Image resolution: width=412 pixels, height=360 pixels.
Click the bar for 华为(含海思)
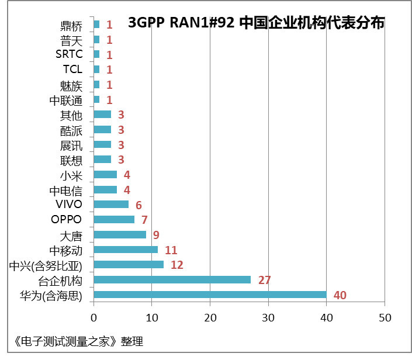pos(210,295)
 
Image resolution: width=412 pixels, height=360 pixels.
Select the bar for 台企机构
pos(172,279)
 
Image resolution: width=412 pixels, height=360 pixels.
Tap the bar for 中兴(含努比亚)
pos(129,265)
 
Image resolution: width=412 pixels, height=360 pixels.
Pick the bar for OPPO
pos(114,220)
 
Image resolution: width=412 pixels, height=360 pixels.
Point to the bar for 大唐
pos(120,234)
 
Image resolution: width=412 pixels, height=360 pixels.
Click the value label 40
pos(340,295)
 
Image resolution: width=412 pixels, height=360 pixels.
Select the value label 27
pos(264,280)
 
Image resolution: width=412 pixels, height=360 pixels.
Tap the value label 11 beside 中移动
pos(171,250)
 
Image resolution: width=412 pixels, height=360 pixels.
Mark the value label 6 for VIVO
pos(139,205)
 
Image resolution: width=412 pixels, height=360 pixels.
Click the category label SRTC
pos(69,54)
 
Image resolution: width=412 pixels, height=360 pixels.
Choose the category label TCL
pos(72,70)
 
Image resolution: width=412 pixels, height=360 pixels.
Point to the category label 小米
pos(71,175)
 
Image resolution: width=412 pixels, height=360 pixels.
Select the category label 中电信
pos(65,190)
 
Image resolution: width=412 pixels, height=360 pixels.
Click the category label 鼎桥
pos(71,25)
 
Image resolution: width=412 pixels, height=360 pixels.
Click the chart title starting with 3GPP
pos(256,23)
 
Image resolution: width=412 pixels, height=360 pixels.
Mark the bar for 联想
pos(102,160)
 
